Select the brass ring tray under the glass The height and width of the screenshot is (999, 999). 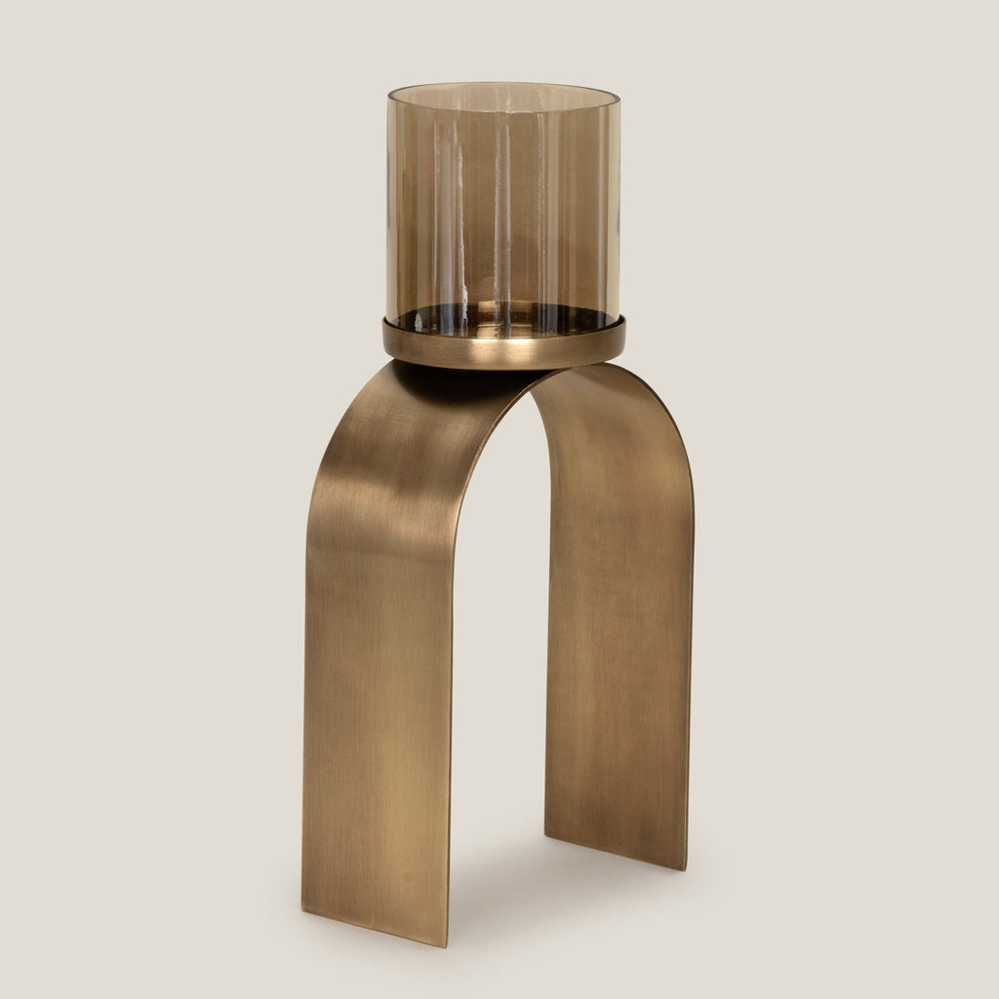click(x=502, y=347)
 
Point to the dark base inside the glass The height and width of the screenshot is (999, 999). click(x=502, y=320)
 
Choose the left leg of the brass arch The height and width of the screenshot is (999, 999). click(x=376, y=683)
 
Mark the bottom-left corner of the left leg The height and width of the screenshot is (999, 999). click(x=303, y=910)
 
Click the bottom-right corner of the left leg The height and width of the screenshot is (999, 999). click(x=447, y=944)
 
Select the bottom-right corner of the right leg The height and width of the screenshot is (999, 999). click(x=686, y=867)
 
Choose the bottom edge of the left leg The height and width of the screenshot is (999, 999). click(x=376, y=928)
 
